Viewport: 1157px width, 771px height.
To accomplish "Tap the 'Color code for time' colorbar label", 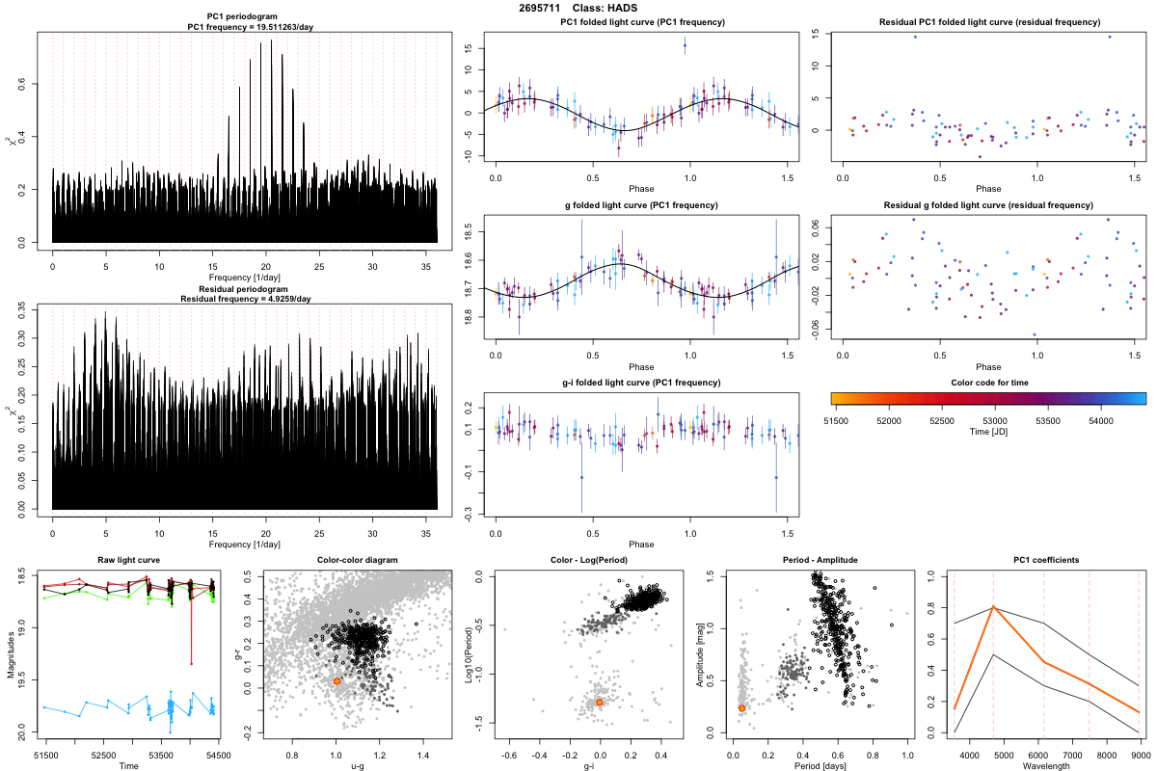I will (988, 382).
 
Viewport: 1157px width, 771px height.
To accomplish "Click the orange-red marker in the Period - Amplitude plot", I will (742, 708).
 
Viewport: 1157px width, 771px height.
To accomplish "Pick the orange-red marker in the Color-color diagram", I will (336, 681).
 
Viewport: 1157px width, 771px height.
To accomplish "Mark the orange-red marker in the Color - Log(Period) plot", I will (600, 703).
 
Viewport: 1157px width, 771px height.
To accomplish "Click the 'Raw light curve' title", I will (128, 561).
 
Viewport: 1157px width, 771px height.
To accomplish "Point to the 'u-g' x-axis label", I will (358, 765).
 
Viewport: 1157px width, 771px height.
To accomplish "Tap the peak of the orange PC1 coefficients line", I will (993, 607).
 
